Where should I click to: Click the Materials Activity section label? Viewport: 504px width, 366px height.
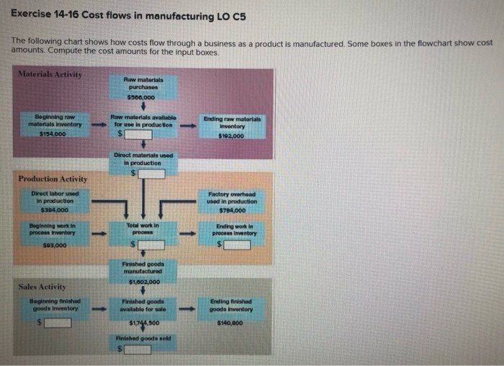pos(50,75)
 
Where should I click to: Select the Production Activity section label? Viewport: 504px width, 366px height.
pos(53,179)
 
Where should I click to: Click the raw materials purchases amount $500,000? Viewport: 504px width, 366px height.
pos(142,97)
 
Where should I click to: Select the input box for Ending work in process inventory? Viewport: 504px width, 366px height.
pos(236,245)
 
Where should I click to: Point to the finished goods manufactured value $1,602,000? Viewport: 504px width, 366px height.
pos(142,282)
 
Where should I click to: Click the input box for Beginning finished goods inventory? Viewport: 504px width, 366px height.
pos(58,322)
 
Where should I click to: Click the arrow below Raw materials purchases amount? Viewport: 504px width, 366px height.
pos(142,106)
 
